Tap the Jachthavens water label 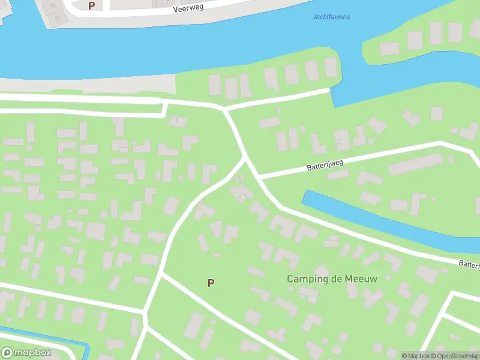pos(331,17)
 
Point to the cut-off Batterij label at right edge pos(469,263)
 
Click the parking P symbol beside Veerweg pos(91,5)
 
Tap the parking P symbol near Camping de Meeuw pos(211,283)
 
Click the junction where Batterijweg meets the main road pos(260,177)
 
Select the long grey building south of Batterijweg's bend pos(415,164)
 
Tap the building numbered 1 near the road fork pos(176,121)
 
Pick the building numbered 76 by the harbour pos(53,5)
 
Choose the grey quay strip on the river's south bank pos(90,85)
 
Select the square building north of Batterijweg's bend pos(436,113)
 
